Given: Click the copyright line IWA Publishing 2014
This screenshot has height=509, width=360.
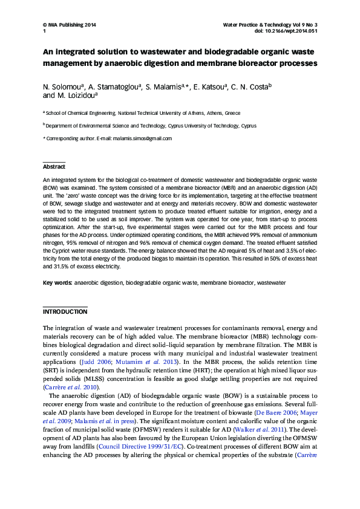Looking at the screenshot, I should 69,25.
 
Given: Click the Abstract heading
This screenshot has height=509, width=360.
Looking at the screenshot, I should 54,167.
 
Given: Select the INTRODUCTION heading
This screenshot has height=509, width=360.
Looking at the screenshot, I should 65,312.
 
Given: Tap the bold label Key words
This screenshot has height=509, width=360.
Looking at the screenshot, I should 57,282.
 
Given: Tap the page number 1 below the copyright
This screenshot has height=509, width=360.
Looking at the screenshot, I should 44,31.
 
